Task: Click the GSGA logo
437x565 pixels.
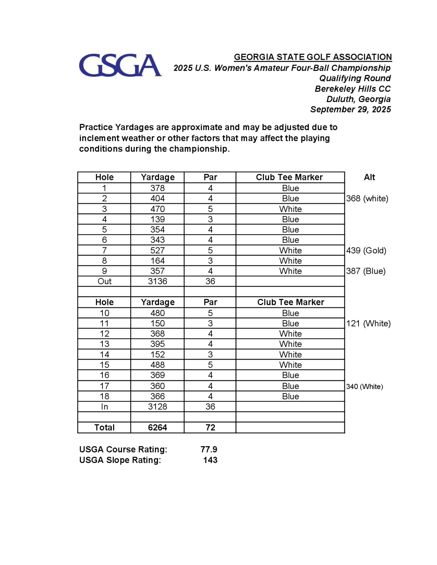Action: (120, 65)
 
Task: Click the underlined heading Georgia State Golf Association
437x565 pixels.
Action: (313, 57)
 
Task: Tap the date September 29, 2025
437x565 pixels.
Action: (350, 109)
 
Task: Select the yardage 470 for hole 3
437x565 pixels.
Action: (157, 209)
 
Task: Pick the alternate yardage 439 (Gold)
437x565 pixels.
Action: (366, 250)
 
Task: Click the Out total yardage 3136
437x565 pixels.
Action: (157, 281)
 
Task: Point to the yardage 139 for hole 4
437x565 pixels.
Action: (157, 219)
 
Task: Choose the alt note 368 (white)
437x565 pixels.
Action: (367, 198)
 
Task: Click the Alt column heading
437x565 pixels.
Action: (369, 177)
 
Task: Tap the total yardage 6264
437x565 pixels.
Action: (157, 427)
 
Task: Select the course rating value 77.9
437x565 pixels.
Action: (209, 449)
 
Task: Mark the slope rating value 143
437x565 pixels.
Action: (210, 460)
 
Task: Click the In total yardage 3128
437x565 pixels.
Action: (157, 407)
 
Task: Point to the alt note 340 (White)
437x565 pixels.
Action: (364, 386)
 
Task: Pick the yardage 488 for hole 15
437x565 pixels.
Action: (157, 365)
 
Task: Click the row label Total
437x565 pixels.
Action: (104, 427)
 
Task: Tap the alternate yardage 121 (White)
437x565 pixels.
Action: (368, 323)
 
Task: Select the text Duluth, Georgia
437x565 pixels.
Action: (358, 99)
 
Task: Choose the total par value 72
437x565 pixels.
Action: (210, 427)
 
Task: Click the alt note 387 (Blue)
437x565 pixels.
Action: (366, 271)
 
